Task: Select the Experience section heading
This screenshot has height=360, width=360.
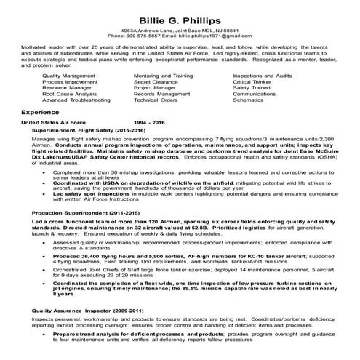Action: [x=41, y=113]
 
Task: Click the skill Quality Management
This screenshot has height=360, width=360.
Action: [x=68, y=76]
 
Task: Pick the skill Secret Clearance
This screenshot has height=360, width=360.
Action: [x=157, y=81]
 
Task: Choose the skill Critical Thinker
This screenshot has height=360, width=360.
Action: [x=252, y=81]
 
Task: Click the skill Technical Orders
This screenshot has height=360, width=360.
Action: [x=156, y=100]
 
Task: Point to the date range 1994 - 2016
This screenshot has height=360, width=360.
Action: [x=151, y=123]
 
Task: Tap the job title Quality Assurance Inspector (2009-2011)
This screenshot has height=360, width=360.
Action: [x=81, y=311]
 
